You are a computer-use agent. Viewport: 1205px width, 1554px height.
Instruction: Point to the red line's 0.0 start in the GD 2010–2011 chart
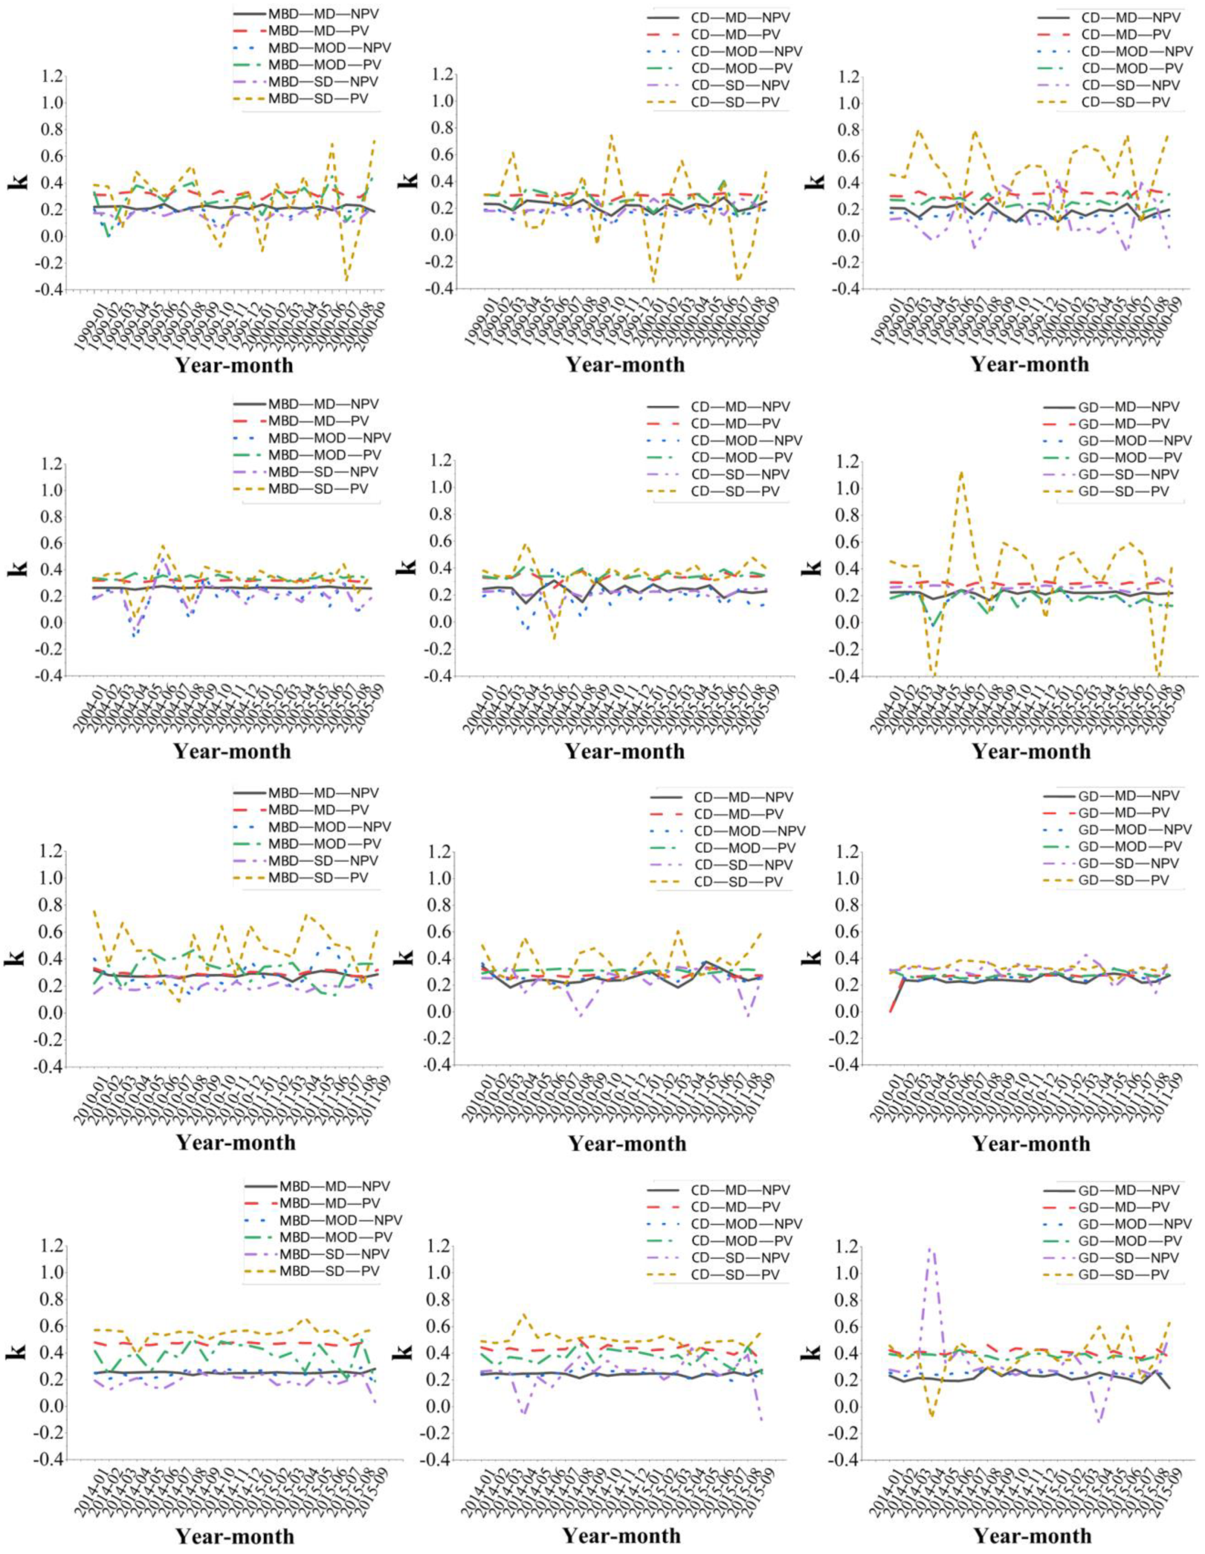[891, 1011]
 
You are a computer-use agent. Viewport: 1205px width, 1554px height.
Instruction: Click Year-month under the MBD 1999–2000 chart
[234, 365]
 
